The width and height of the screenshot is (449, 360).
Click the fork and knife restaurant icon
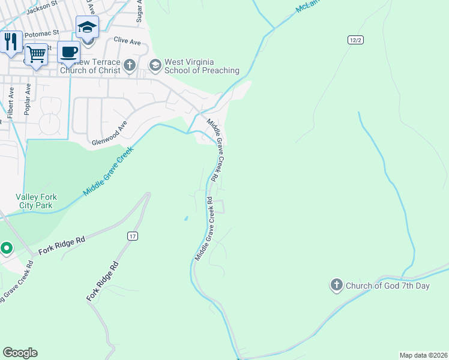[10, 42]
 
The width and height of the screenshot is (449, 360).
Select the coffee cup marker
[69, 52]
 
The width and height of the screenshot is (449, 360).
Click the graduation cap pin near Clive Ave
[87, 28]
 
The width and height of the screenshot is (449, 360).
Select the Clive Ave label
[127, 41]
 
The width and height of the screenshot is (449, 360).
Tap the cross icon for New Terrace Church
[130, 64]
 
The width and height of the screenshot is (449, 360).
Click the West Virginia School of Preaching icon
[155, 64]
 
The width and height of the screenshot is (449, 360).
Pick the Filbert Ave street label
[10, 103]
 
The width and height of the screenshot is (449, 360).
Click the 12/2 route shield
[355, 40]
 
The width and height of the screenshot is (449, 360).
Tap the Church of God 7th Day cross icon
[337, 286]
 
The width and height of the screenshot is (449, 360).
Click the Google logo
[20, 353]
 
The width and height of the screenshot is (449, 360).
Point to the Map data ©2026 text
[423, 355]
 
